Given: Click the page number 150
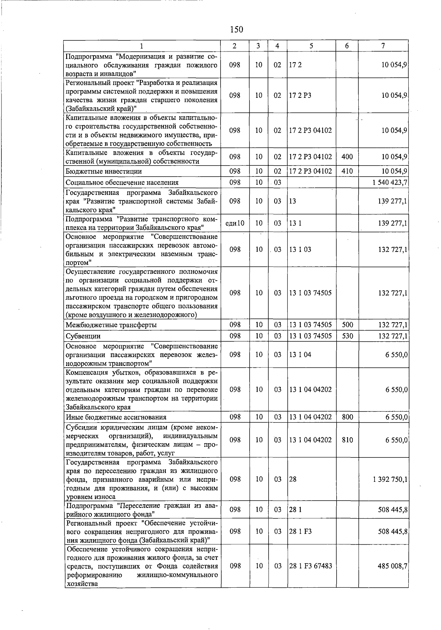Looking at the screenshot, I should pos(236,29).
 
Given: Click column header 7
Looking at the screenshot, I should pos(383,46).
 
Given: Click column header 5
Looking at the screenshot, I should pos(311,46).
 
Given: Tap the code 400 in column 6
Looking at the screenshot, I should pos(347,157).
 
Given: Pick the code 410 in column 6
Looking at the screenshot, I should pos(347,171).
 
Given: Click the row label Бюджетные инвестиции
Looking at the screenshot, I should pos(104,171).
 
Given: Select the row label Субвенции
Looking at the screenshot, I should pos(83,336).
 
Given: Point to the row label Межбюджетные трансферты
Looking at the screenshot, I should pos(111,325).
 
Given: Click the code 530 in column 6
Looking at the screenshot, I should pos(347,336).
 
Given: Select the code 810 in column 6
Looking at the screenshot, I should pos(347,440).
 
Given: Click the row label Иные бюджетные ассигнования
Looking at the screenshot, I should pos(116,417).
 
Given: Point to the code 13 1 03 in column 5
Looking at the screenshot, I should pos(300,250).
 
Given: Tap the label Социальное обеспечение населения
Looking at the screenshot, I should pos(122,182).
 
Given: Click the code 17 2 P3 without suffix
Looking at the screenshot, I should pos(300,95).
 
